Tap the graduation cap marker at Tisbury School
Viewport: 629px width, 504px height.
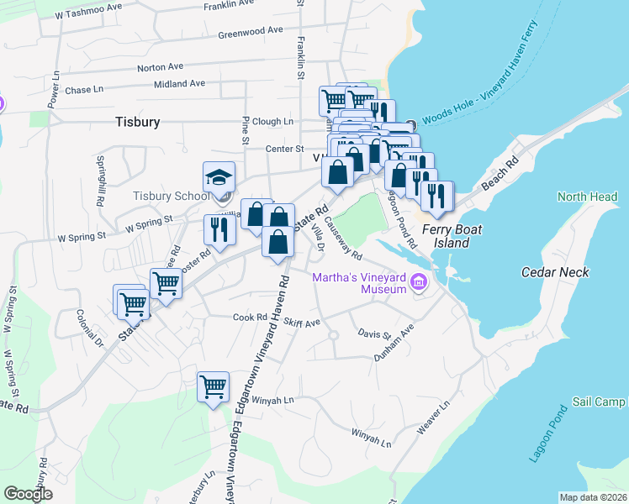tap(219, 179)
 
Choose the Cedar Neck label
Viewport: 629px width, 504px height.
tap(555, 272)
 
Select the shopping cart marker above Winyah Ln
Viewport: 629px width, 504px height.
tap(213, 387)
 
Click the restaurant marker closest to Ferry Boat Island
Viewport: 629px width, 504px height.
tap(436, 196)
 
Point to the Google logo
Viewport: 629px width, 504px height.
tap(28, 494)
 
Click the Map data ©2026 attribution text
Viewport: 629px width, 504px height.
tap(593, 497)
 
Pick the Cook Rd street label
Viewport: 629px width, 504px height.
tap(249, 318)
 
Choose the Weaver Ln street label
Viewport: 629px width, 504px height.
tap(433, 417)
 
